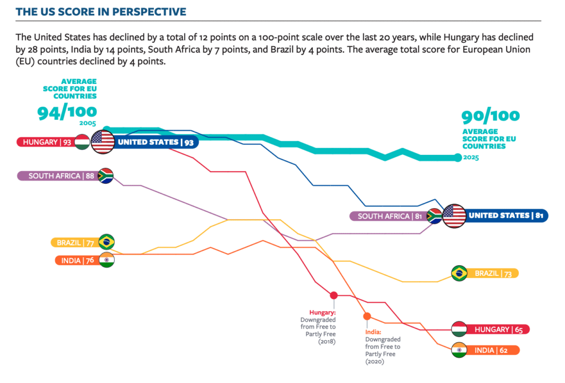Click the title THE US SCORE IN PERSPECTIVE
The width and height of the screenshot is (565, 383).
101,11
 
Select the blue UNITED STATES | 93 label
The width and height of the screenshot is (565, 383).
153,142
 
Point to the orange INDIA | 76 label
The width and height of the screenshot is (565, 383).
76,260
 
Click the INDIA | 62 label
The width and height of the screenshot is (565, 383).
493,350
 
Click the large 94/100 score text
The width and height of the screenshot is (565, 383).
67,111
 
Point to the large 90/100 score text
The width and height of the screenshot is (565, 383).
490,116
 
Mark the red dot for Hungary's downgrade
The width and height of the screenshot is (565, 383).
334,295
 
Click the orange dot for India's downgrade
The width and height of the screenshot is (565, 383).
367,316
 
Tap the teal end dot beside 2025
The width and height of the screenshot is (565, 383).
458,157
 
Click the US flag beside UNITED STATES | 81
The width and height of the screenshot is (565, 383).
454,216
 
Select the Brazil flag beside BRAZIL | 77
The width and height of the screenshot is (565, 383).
106,242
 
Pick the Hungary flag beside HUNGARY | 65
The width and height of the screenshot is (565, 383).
459,329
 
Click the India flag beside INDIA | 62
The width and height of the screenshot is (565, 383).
459,350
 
